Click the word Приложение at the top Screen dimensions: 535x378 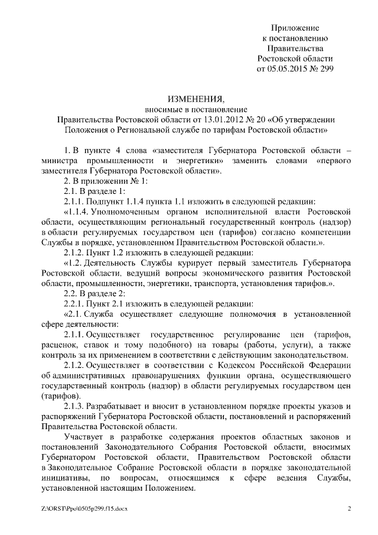(295, 28)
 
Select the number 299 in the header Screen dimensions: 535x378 (324, 69)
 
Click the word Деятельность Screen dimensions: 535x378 (119, 263)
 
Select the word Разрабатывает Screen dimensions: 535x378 (119, 406)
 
